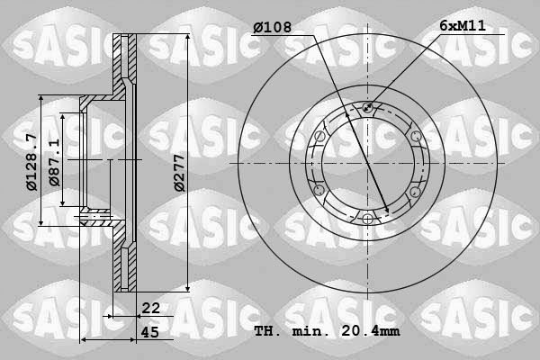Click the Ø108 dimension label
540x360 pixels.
pos(274,26)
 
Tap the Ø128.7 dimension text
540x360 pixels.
pos(31,163)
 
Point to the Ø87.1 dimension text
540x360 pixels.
pos(56,163)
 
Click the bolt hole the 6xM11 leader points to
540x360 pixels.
pos(367,109)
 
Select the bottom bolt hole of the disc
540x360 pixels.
pos(367,219)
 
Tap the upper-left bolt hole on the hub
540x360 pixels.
pos(319,137)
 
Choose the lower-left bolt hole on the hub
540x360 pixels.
pos(319,191)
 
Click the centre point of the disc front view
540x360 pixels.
pos(367,164)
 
